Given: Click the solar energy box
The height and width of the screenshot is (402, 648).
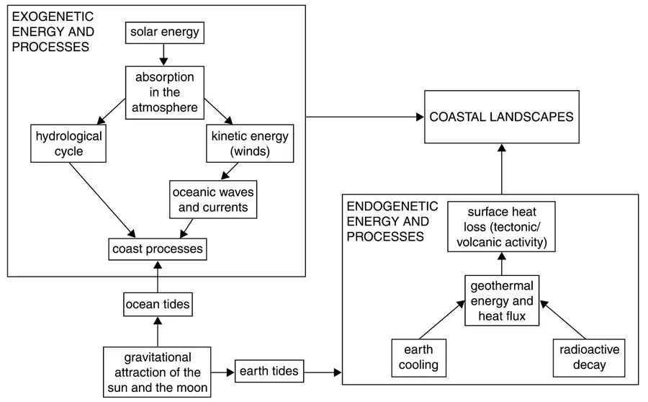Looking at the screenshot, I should coord(163,32).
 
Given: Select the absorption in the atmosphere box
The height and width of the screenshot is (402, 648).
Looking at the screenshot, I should coord(163,92).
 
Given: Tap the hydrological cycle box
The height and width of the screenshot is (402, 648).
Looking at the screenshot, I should coord(68,144).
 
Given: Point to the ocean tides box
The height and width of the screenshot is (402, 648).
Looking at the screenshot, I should coord(158,304).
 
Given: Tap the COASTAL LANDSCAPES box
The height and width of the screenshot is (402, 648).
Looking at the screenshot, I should coord(502,117).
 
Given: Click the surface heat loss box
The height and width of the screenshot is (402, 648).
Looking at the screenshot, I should coord(501,226).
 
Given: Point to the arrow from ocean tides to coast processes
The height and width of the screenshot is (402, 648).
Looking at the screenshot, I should coord(158,277).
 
